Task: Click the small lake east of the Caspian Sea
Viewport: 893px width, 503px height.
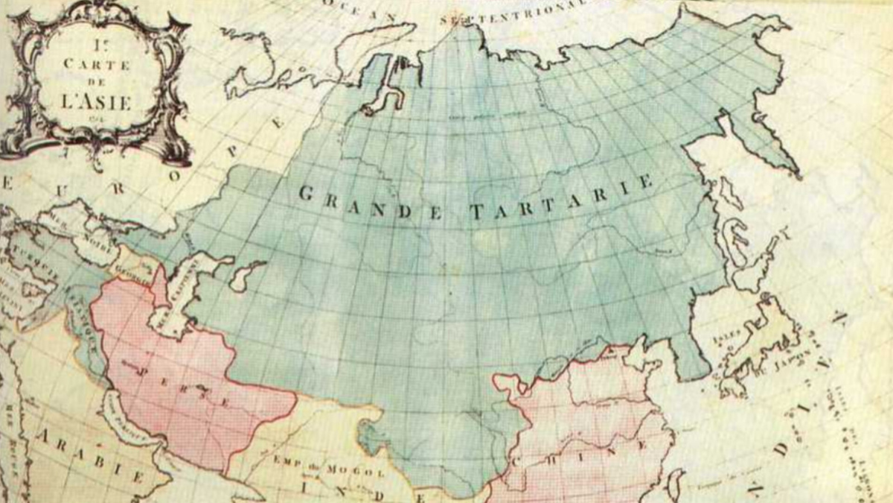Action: click(x=246, y=275)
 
